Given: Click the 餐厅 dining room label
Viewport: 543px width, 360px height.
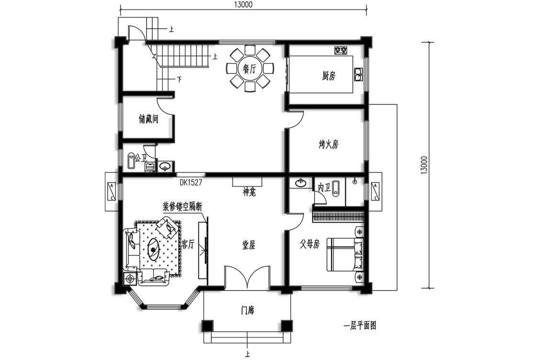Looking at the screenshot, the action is coord(249,69).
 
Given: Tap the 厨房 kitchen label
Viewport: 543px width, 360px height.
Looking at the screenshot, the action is coord(328,76).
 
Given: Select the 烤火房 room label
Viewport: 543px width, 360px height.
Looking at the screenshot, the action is coord(328,144).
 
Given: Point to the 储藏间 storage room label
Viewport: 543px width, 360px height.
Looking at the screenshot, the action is coord(148,119).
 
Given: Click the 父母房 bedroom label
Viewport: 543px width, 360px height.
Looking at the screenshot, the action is coord(310,244).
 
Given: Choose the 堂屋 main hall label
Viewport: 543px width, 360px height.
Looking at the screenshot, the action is coord(249,246).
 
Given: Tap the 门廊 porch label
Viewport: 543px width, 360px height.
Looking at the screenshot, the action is coord(248,311).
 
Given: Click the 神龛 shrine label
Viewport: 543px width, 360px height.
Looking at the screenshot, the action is coord(249,192).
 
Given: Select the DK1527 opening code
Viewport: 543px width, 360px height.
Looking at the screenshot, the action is coord(191,182).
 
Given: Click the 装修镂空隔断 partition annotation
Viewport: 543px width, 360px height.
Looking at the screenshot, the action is coord(182,207).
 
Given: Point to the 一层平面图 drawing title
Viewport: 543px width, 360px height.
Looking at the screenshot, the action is coord(360,326).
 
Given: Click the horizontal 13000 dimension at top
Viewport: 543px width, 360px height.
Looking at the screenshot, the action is coord(243,4).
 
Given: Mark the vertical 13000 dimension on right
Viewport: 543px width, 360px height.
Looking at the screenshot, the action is coord(425,165).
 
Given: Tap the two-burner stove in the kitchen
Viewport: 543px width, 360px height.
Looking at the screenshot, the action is coord(341,51).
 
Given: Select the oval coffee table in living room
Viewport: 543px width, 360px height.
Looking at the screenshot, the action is coord(153,248).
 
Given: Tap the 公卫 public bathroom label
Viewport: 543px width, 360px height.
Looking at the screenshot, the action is coord(141,158).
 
